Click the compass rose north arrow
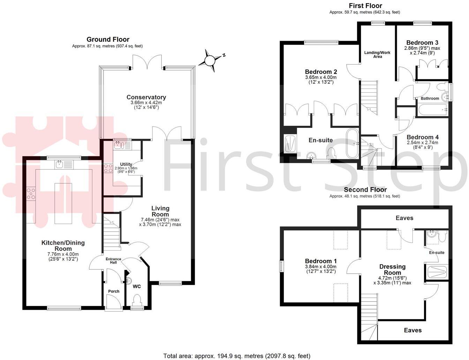tap(210, 61)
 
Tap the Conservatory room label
tap(146, 97)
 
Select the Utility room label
tap(126, 164)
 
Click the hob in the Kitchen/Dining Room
tap(31, 194)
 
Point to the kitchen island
tap(63, 203)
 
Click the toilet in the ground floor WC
tap(137, 300)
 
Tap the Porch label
tap(114, 291)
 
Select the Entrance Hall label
tap(113, 261)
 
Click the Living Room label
tap(160, 211)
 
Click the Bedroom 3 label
tap(422, 43)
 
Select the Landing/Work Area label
tap(377, 54)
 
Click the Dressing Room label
tap(392, 269)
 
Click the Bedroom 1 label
tap(321, 261)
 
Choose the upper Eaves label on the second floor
tap(404, 218)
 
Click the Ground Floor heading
tap(108, 39)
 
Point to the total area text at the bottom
tap(237, 356)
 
